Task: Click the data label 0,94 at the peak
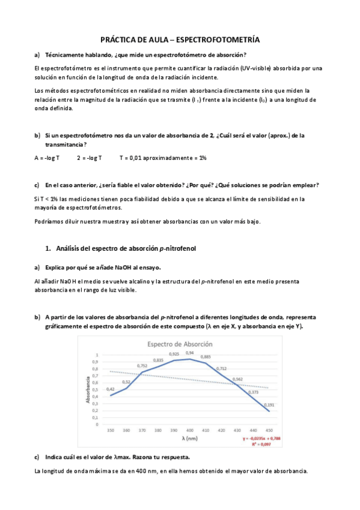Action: [189, 353]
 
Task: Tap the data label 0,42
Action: [111, 389]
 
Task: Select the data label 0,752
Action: [142, 366]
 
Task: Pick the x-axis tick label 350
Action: [111, 431]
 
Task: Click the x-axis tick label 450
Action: [269, 431]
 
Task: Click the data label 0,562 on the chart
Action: [237, 379]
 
